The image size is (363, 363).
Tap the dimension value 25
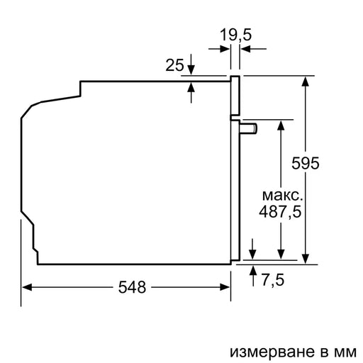coord(174,66)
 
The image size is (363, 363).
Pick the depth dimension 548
coord(132,287)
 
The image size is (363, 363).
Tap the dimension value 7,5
coord(273,280)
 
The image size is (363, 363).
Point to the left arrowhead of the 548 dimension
coord(26,287)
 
